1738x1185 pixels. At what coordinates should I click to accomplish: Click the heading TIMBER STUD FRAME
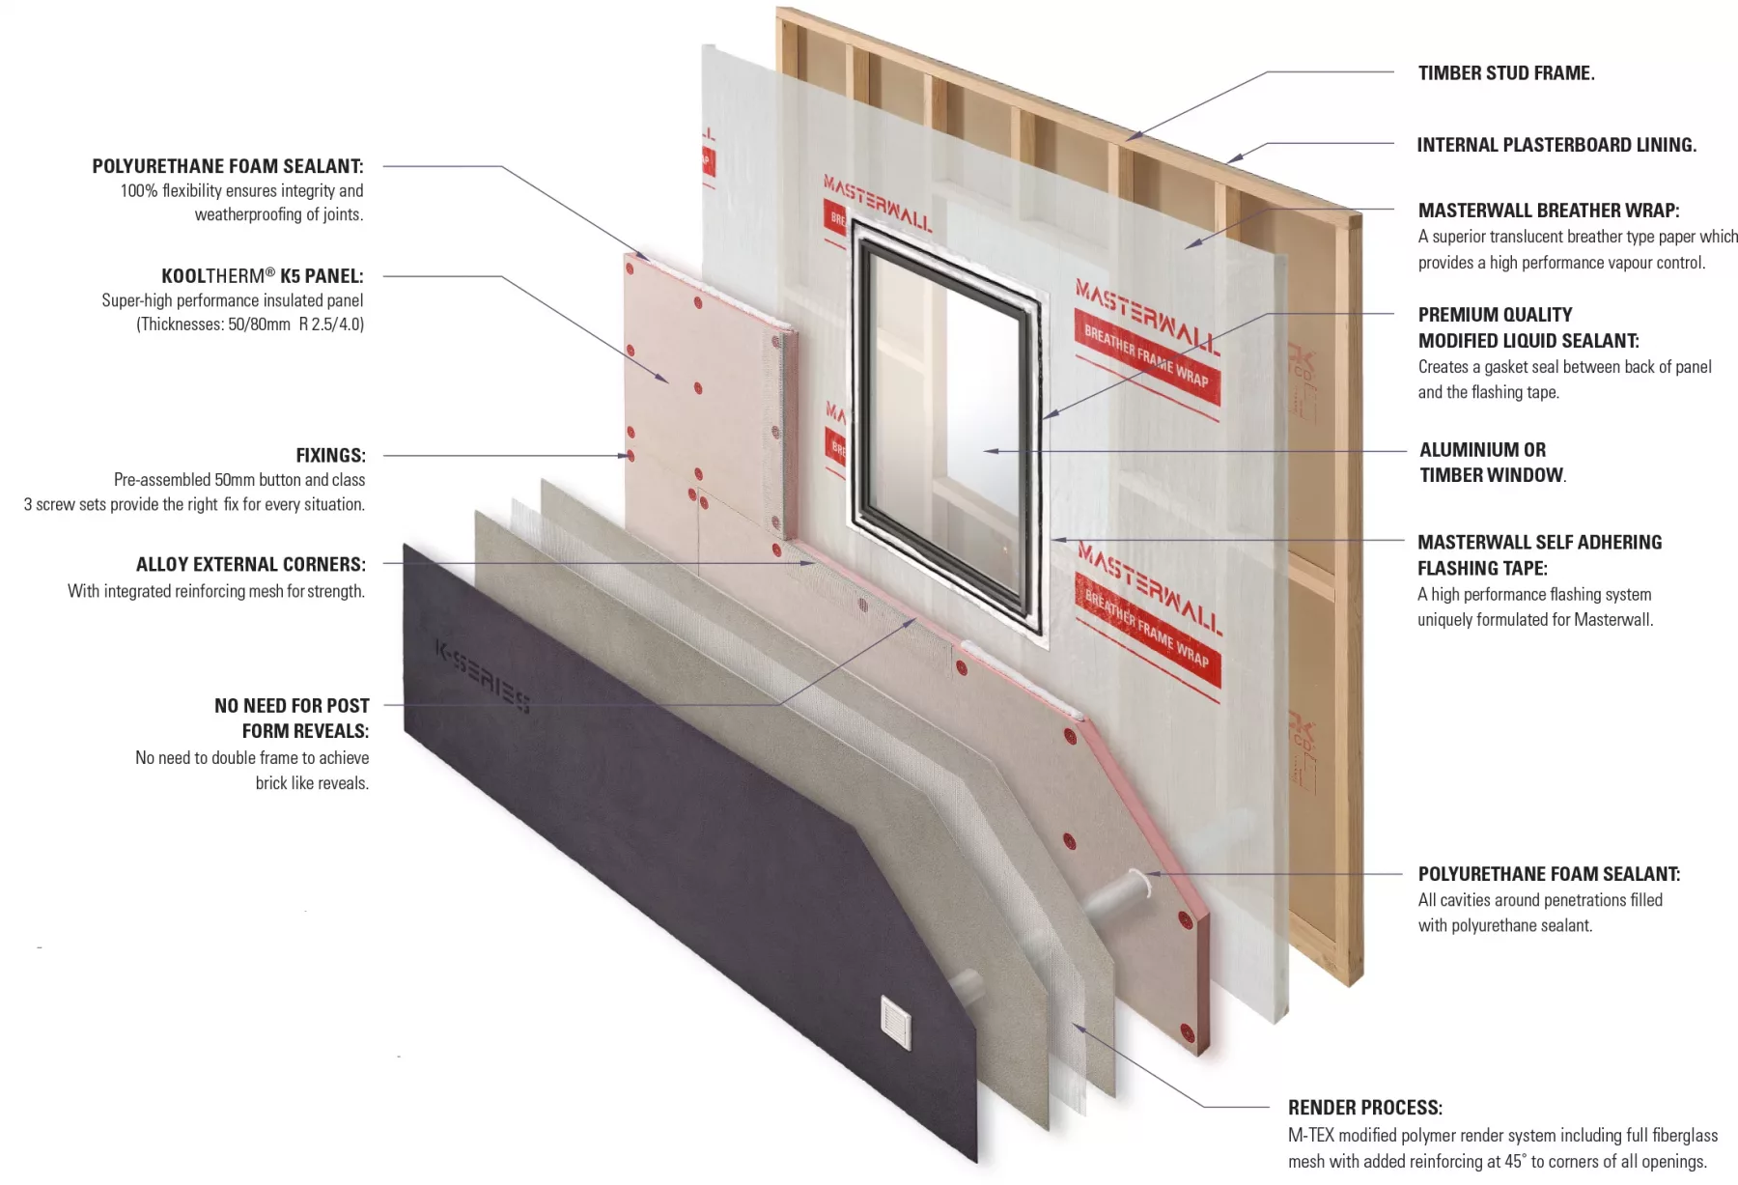(x=1505, y=73)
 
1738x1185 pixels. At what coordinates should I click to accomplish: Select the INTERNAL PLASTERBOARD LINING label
(x=1556, y=145)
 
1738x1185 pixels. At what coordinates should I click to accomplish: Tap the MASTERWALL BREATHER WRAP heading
(x=1548, y=211)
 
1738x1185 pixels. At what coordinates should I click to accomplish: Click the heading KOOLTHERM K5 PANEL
(x=262, y=276)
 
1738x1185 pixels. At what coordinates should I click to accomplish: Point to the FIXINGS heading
(x=330, y=456)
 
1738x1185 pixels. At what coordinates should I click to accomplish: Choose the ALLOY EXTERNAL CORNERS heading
(x=250, y=565)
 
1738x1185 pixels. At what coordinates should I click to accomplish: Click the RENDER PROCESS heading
(x=1364, y=1108)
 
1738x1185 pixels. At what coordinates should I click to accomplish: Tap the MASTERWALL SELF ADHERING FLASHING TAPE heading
(x=1539, y=555)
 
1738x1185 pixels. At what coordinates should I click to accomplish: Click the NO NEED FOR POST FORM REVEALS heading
(x=292, y=719)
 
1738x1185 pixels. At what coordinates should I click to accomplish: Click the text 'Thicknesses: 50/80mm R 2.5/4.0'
(x=250, y=324)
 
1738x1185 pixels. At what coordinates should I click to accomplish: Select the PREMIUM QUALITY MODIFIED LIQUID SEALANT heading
(x=1528, y=327)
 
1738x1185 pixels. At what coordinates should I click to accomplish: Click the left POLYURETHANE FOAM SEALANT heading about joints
(x=227, y=166)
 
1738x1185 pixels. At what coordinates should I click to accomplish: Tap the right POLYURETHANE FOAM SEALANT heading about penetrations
(x=1548, y=874)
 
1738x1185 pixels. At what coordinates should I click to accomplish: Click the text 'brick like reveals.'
(x=311, y=783)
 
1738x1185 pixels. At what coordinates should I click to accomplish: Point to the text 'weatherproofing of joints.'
(x=278, y=215)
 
